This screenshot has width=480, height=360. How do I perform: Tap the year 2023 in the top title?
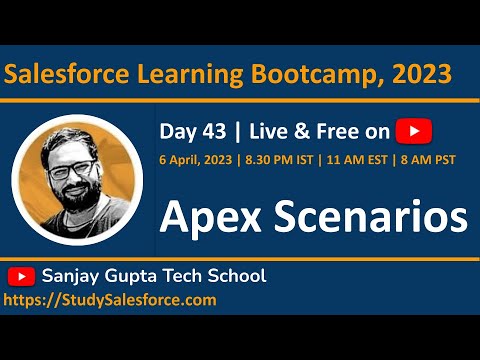420,73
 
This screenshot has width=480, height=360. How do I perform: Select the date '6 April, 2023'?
199,161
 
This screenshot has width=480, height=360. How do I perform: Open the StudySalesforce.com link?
110,299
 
